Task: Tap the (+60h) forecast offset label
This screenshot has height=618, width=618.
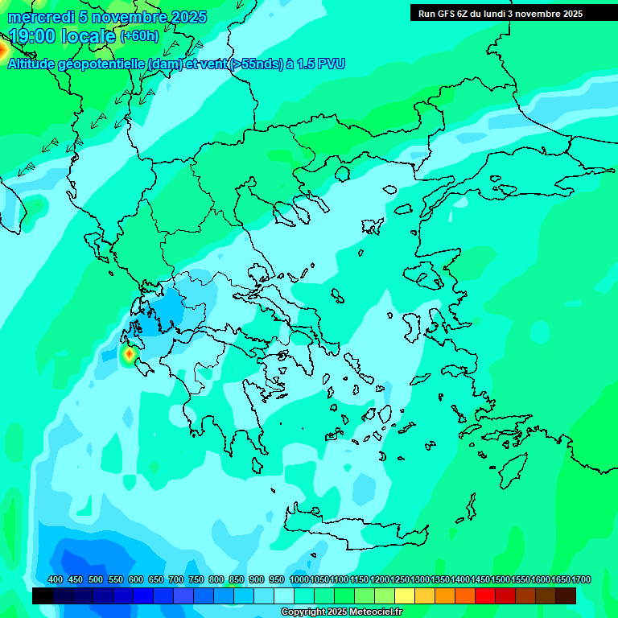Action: point(139,36)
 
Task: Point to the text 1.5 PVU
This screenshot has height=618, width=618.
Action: point(321,64)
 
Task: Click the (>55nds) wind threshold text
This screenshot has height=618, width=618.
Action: point(256,64)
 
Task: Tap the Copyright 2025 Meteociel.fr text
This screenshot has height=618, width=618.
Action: point(341,612)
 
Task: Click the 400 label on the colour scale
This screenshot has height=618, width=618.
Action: point(56,579)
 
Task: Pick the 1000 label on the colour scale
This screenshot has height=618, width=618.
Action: point(299,579)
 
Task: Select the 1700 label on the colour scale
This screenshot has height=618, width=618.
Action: point(581,579)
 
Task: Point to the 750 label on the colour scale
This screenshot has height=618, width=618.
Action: point(196,579)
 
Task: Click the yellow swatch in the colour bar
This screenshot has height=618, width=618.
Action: point(405,595)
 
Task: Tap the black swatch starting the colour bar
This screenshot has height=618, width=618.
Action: point(43,595)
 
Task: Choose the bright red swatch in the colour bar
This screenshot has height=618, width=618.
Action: point(485,595)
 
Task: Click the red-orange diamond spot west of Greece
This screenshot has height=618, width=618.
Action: point(129,353)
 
